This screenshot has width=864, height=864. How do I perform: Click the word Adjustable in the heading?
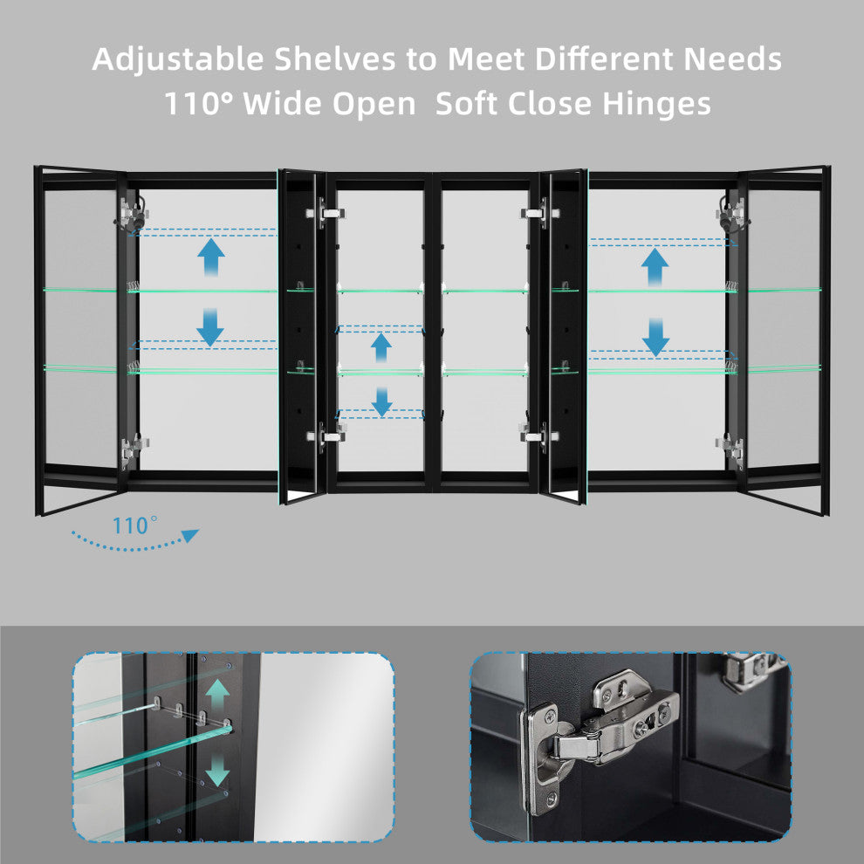tap(178, 59)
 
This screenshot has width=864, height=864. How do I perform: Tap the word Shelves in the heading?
tap(335, 58)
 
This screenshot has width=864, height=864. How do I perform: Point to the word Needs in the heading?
tap(732, 58)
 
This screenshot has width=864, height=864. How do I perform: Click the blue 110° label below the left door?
tap(135, 525)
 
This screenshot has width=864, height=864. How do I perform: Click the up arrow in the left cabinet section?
tap(211, 257)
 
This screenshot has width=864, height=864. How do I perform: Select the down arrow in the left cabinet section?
tap(210, 326)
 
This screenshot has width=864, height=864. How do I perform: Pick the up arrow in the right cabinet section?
tap(655, 267)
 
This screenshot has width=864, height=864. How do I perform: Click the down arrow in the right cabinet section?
tap(655, 337)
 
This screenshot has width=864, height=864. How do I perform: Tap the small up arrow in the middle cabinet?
tap(381, 347)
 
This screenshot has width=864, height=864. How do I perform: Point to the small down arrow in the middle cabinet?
tap(381, 401)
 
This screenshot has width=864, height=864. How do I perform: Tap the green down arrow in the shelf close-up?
tap(217, 770)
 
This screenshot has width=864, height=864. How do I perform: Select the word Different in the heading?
tap(604, 58)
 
